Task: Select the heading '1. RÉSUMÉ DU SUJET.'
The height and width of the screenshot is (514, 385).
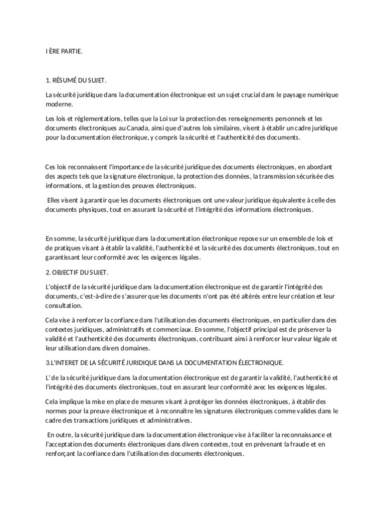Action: (76, 81)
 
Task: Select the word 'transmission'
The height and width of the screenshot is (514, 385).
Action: (281, 176)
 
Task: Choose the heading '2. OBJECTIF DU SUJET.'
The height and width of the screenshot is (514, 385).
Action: (77, 272)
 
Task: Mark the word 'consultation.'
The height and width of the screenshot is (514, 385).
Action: (62, 305)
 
